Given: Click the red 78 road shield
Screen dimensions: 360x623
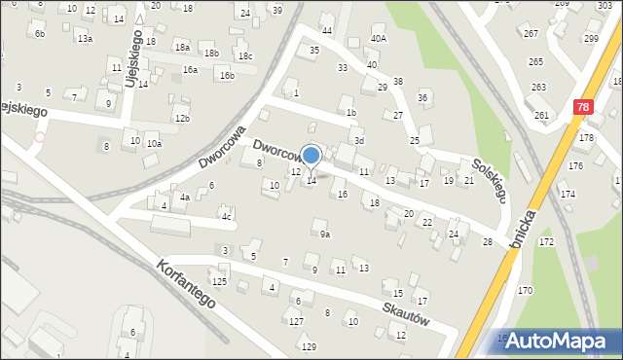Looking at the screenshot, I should [582, 110].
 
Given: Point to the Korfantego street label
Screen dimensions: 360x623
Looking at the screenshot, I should [183, 282].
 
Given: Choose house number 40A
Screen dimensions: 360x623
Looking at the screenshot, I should [378, 39].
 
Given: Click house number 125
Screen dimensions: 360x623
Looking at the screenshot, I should [220, 281].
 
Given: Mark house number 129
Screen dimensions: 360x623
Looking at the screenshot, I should [309, 347].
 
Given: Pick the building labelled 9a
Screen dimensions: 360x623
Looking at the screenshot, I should [325, 234].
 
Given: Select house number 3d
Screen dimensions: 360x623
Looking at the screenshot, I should [358, 141].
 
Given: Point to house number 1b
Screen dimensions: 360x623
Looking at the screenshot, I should [350, 112].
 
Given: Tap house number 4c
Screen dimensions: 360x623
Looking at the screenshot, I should [226, 216].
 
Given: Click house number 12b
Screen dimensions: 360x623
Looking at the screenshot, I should [181, 118].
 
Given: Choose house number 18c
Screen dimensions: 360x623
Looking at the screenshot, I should [245, 56].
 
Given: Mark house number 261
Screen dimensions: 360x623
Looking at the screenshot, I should [541, 116].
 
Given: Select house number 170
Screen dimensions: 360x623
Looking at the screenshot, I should [525, 290].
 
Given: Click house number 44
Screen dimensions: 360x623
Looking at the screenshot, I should [327, 31].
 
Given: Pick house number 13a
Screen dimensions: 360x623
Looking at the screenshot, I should [86, 39].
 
